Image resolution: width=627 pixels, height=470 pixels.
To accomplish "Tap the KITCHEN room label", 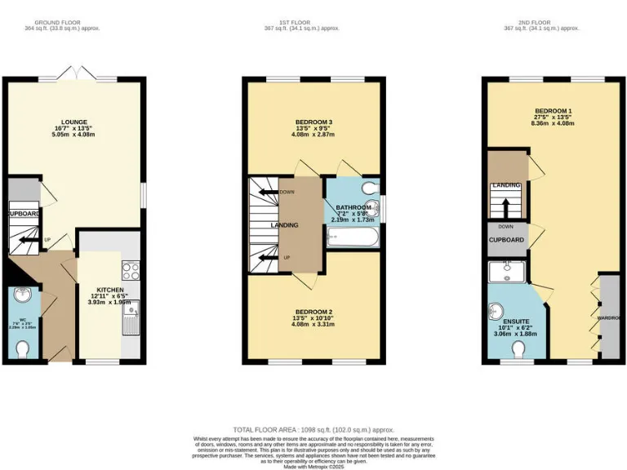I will (x=109, y=290).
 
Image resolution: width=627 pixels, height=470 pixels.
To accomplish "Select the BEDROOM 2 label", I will (x=313, y=313).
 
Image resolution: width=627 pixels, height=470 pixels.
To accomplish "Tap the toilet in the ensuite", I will (x=518, y=349).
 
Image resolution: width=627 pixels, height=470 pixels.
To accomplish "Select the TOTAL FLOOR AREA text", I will (x=313, y=429).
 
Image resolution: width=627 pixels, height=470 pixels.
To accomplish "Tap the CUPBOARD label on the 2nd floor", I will (x=506, y=240).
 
